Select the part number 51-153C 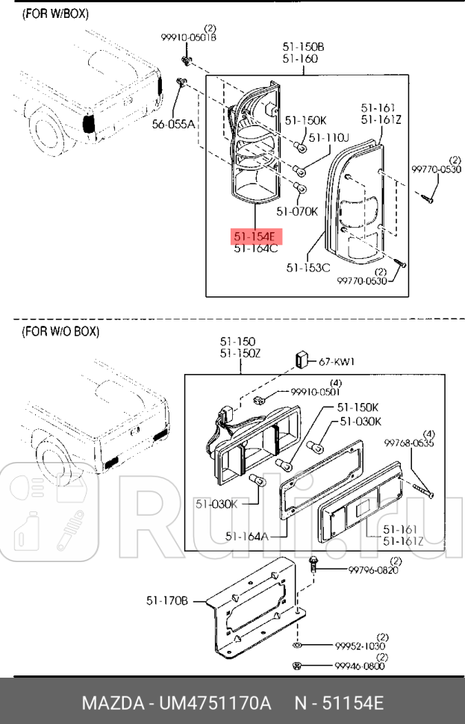(x=308, y=266)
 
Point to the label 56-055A (x=173, y=125)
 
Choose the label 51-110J (x=329, y=137)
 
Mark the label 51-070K (x=297, y=211)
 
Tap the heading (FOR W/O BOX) (x=60, y=331)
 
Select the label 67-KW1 (x=337, y=361)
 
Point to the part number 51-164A (x=246, y=535)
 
